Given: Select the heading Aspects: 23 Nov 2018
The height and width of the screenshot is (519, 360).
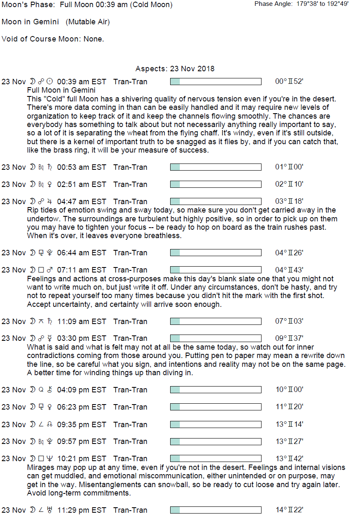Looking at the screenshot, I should (175, 69).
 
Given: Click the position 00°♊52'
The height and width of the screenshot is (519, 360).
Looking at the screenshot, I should (289, 82).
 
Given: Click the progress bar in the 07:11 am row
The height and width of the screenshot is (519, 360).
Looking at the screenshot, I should (215, 270).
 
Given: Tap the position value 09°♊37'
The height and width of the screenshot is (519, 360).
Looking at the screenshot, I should (289, 338).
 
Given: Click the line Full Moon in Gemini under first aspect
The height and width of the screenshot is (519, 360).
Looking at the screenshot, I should (61, 90).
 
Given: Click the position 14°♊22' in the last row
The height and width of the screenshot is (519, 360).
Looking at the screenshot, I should (289, 510).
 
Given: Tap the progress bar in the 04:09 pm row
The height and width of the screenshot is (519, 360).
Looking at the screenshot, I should (215, 390).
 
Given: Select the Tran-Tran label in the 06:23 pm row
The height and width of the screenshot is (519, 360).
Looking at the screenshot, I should (130, 407).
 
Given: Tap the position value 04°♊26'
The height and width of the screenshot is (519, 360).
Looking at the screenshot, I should (289, 253).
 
